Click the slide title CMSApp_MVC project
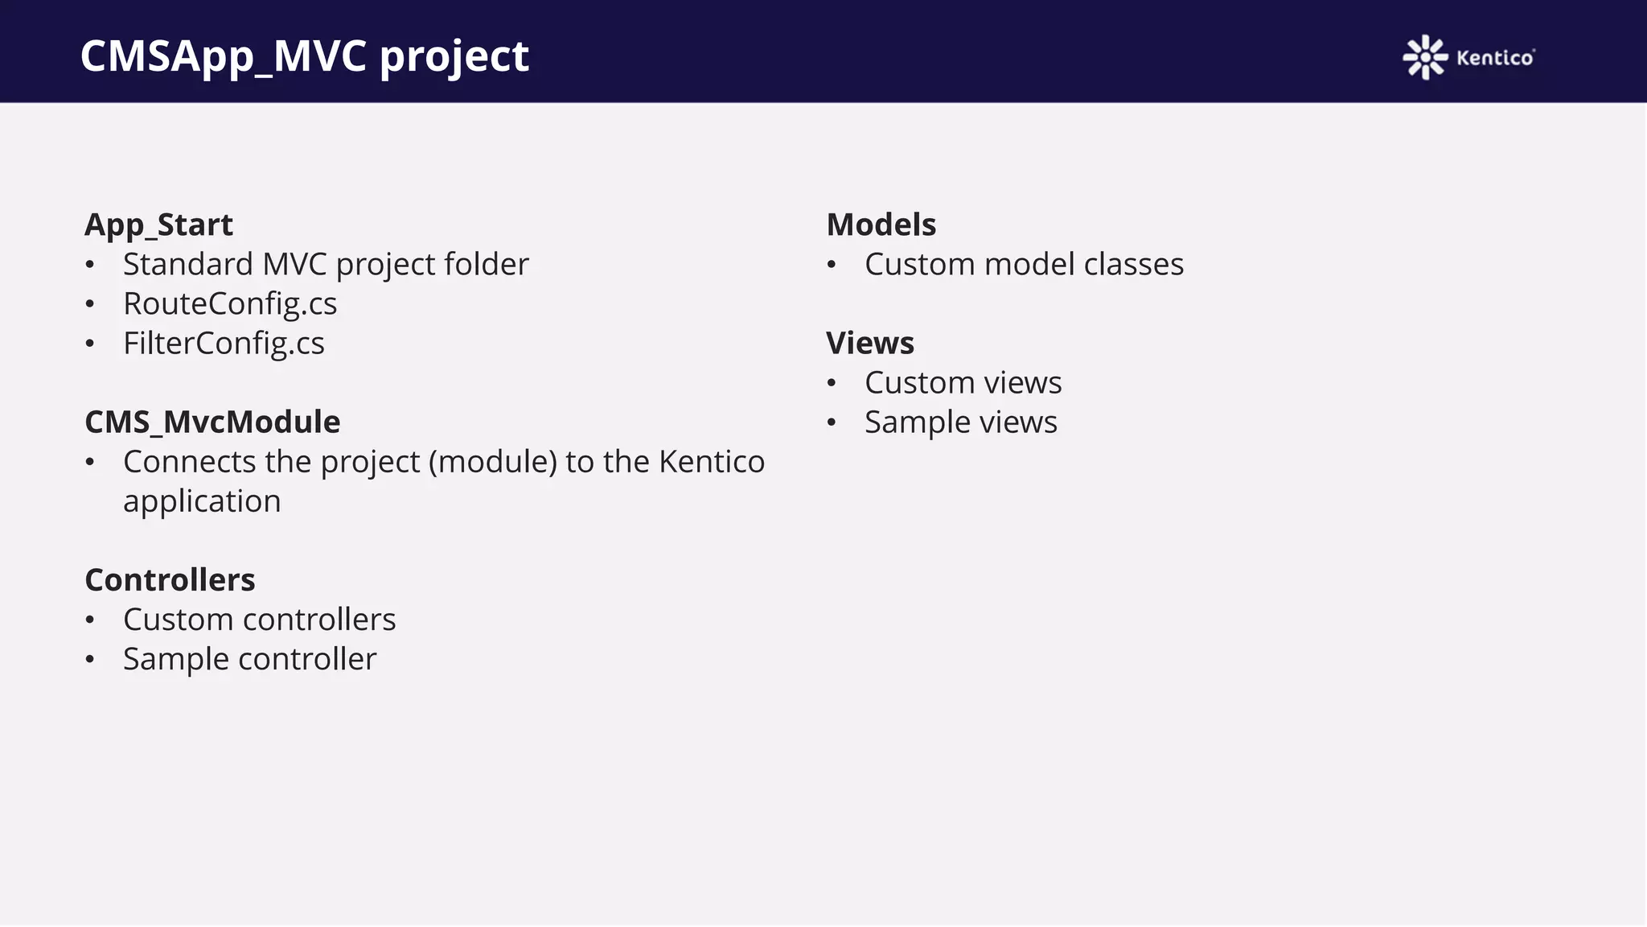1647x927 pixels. tap(304, 56)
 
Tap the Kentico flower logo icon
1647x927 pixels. tap(1425, 57)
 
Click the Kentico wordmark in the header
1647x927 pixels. tap(1495, 58)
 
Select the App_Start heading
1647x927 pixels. tap(158, 225)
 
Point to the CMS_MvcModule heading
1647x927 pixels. tap(212, 422)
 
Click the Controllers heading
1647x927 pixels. tap(170, 579)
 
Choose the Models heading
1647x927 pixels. tap(881, 225)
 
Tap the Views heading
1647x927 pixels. tap(869, 343)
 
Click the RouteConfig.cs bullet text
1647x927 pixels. tap(230, 303)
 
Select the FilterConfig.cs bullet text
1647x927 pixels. tap(224, 343)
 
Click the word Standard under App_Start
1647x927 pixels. tap(188, 264)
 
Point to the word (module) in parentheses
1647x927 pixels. tap(492, 462)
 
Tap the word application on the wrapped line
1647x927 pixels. tap(202, 501)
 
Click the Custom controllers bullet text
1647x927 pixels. tap(259, 620)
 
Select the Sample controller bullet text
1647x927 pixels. tap(249, 659)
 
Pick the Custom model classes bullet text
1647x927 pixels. tap(1024, 264)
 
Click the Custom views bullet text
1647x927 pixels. tap(963, 382)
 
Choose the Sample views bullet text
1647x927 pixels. tap(960, 422)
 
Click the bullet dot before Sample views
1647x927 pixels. tap(832, 422)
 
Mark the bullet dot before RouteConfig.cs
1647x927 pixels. tap(90, 304)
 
